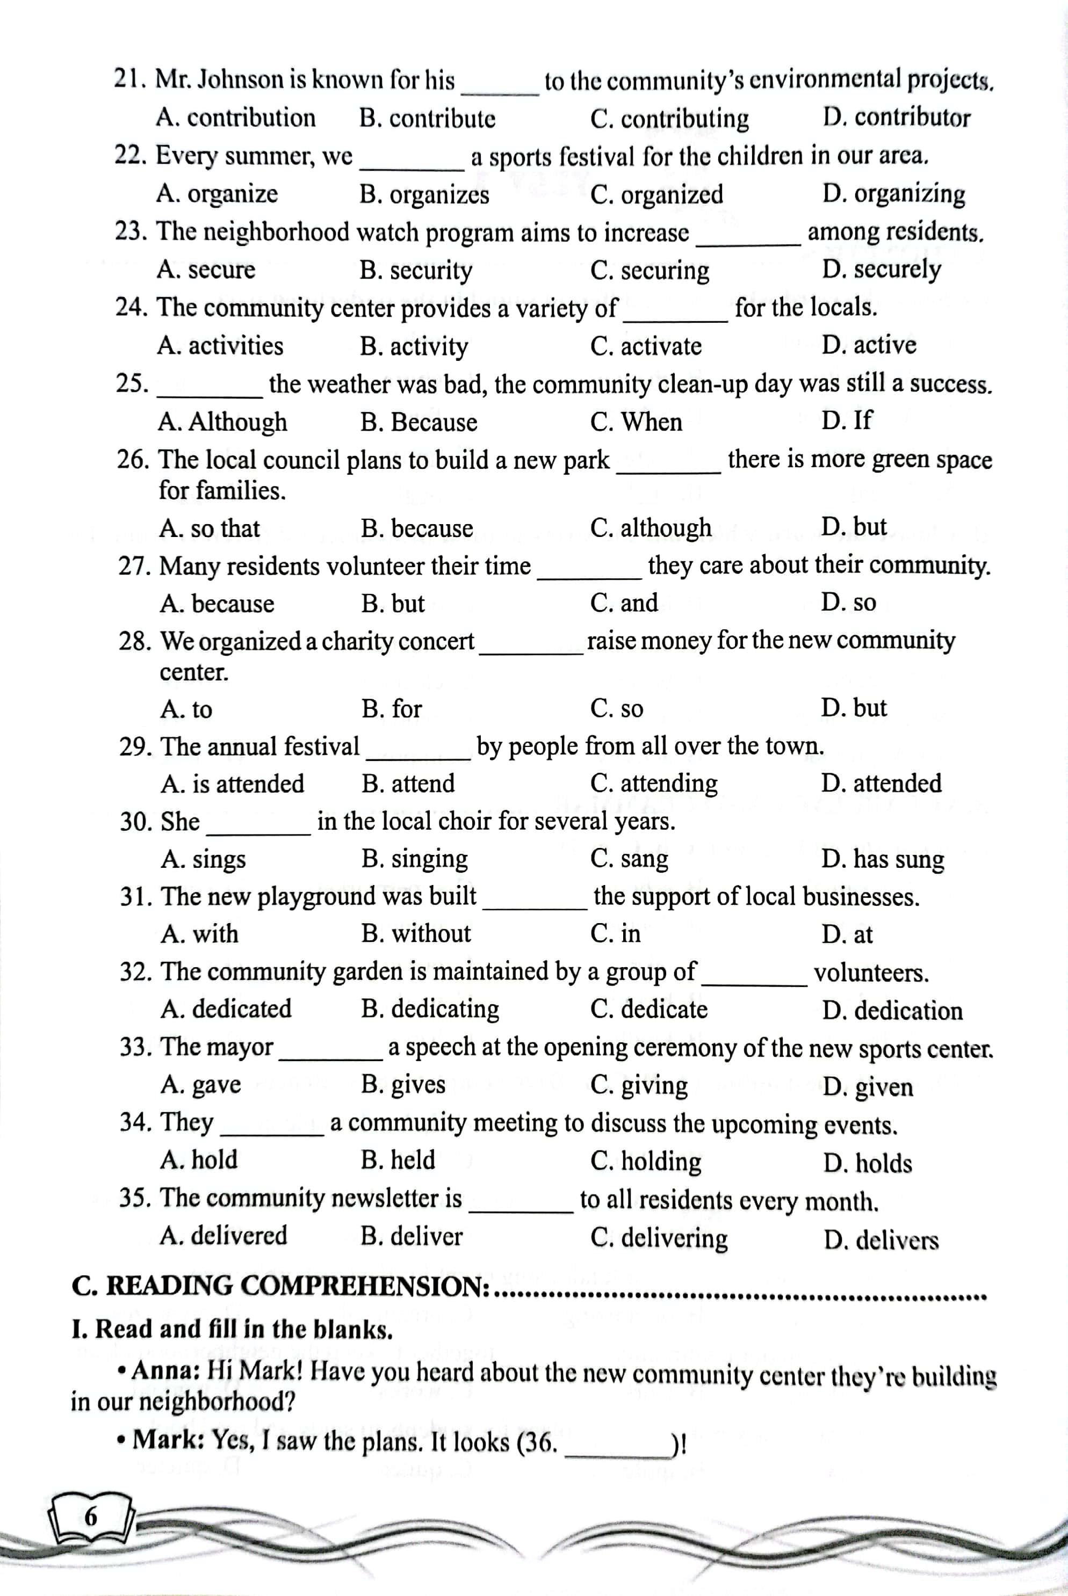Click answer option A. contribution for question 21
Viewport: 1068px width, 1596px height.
pos(236,118)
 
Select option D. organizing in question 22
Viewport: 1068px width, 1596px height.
pos(893,194)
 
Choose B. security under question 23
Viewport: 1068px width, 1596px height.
pos(415,270)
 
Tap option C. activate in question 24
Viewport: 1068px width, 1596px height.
pos(646,346)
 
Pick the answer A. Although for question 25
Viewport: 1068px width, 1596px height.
pos(222,422)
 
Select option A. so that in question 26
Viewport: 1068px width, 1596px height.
pos(210,528)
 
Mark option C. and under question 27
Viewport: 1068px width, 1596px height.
pos(624,603)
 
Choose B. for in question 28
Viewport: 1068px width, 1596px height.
pos(392,709)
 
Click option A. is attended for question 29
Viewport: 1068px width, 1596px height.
pos(232,784)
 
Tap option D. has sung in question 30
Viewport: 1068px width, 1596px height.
pos(882,859)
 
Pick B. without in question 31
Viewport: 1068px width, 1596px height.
pos(415,933)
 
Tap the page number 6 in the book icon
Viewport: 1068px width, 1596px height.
pos(91,1517)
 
